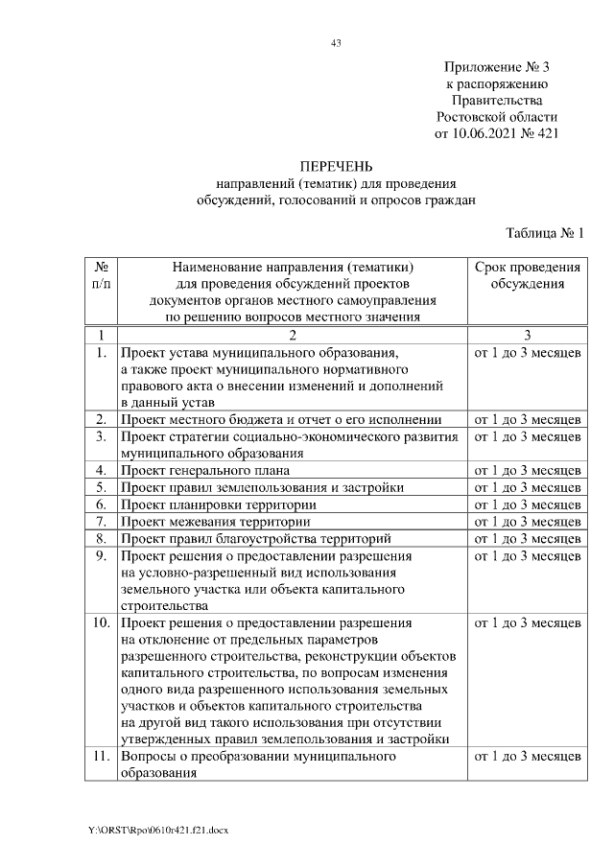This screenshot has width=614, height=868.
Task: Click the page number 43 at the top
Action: [x=336, y=43]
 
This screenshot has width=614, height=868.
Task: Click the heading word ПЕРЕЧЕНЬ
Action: [x=336, y=167]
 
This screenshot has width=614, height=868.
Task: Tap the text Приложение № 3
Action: [x=496, y=67]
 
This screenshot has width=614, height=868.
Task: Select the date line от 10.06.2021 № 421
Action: [x=496, y=133]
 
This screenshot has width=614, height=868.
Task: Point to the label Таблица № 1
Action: [x=544, y=232]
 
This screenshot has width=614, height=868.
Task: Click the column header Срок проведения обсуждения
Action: [x=527, y=275]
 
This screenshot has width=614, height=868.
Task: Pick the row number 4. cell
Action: [x=101, y=470]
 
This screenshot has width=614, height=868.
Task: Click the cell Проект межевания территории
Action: [x=215, y=522]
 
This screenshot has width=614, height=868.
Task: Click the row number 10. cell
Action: [x=101, y=623]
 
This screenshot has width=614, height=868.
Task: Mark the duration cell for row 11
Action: [x=527, y=758]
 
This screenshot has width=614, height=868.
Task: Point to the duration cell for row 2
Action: [x=527, y=419]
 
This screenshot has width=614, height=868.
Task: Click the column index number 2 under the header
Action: [x=293, y=335]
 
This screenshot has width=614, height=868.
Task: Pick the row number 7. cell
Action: [x=101, y=522]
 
